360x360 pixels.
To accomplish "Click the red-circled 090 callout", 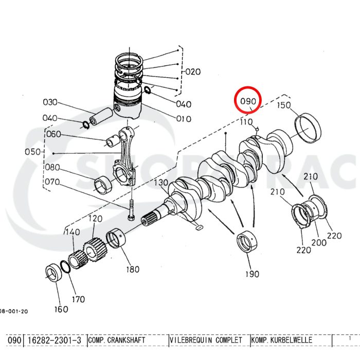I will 248,101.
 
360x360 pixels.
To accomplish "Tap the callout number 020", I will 193,71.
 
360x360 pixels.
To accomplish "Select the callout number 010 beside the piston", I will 184,119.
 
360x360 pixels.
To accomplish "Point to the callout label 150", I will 284,105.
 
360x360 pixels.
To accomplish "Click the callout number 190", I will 251,274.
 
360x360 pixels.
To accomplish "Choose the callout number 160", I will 61,309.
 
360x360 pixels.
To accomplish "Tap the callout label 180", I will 132,268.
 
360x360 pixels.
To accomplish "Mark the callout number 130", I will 161,184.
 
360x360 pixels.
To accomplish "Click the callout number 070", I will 52,182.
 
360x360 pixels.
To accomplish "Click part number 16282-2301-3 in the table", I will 54,340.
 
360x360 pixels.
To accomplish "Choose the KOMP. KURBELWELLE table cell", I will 291,340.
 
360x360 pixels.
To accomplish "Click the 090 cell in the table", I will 14,340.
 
